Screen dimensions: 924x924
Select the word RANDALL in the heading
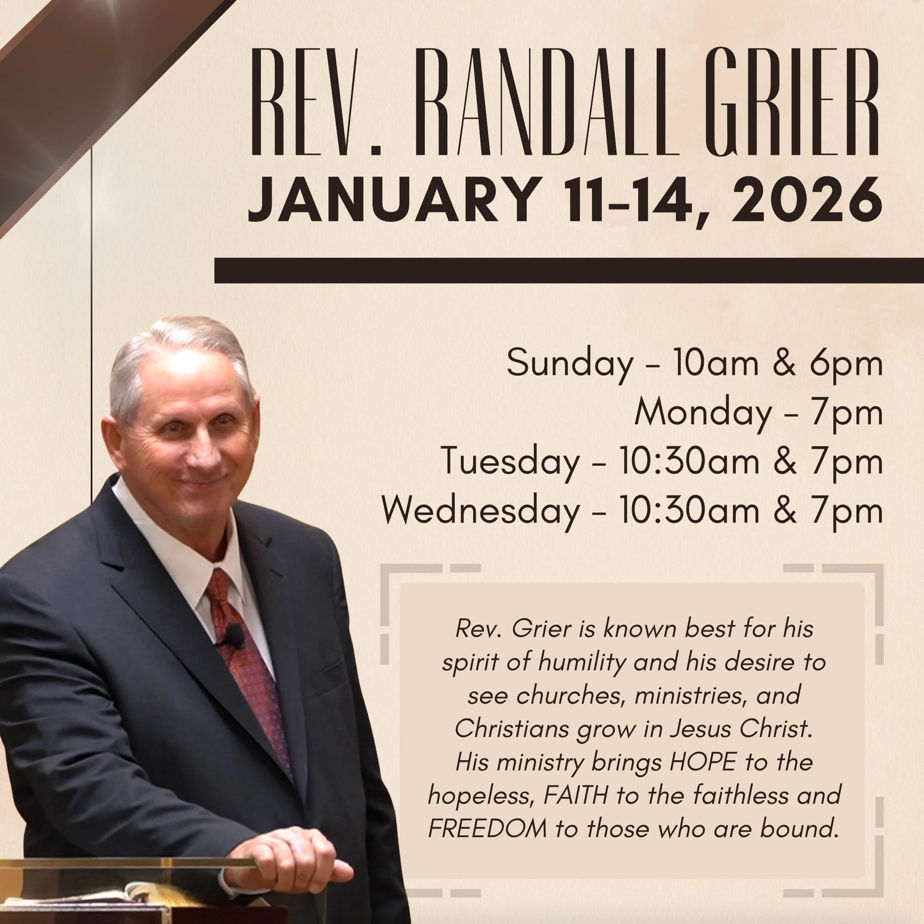[x=546, y=101]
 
